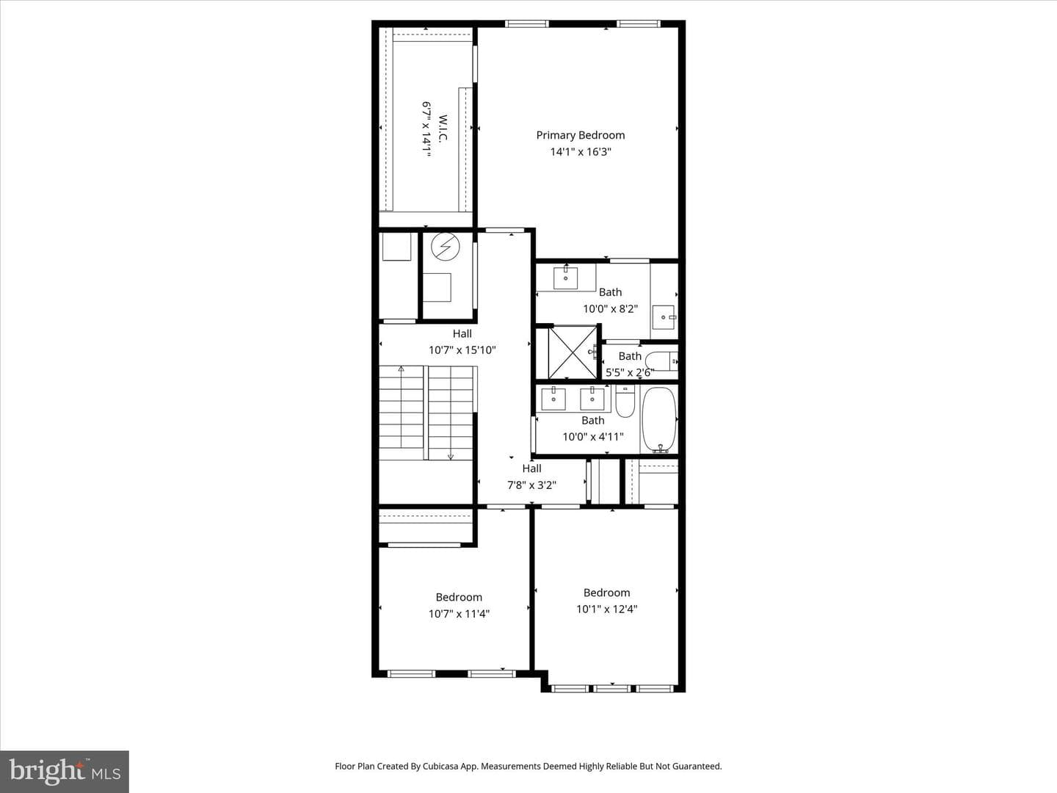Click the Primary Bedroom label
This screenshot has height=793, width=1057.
(x=581, y=135)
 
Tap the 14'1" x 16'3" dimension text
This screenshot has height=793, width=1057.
(x=581, y=152)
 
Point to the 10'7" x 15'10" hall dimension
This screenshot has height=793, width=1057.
(x=462, y=350)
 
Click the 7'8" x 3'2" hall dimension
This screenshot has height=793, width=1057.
(x=531, y=485)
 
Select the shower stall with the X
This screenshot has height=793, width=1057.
(x=572, y=352)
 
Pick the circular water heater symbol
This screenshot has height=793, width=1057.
(x=445, y=247)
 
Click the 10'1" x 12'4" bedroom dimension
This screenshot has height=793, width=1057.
(x=607, y=609)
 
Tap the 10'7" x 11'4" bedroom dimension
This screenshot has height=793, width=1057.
(x=459, y=614)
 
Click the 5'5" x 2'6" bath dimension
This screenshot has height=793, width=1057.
(x=630, y=372)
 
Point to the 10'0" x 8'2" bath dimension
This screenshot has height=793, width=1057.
(x=610, y=308)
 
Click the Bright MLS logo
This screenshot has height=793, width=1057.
(x=65, y=772)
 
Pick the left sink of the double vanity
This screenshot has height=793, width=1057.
(x=553, y=398)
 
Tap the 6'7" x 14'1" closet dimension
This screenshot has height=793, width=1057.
(x=426, y=129)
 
